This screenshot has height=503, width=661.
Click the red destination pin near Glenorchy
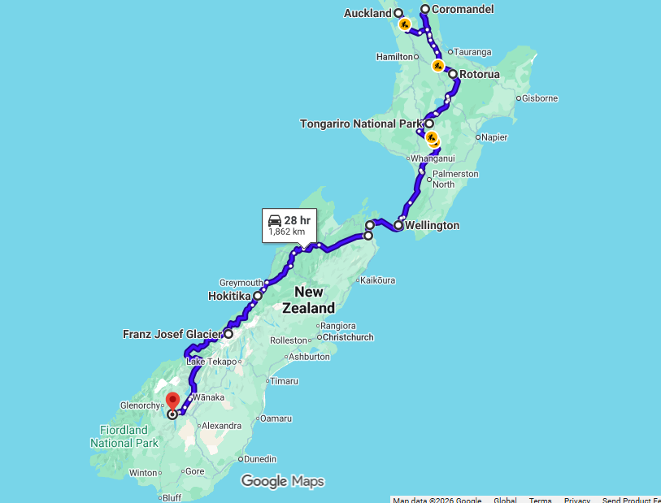pos(172,401)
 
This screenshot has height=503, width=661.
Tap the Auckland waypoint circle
pos(398,13)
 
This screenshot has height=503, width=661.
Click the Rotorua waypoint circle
pos(453,74)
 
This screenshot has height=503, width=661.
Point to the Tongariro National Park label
pos(360,124)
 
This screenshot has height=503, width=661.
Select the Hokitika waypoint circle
pos(258,296)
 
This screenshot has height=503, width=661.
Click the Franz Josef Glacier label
pos(171,334)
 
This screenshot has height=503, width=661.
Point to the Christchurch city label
pos(348,336)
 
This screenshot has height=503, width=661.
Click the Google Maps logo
pos(283,481)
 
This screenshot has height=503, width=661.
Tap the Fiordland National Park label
pos(124,436)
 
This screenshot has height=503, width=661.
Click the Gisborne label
pos(540,98)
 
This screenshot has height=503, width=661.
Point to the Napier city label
pos(494,137)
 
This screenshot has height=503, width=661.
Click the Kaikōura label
pos(376,280)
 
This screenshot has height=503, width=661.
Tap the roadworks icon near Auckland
pos(404,24)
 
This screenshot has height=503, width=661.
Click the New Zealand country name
pos(308,300)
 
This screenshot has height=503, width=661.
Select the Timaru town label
pos(285,380)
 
